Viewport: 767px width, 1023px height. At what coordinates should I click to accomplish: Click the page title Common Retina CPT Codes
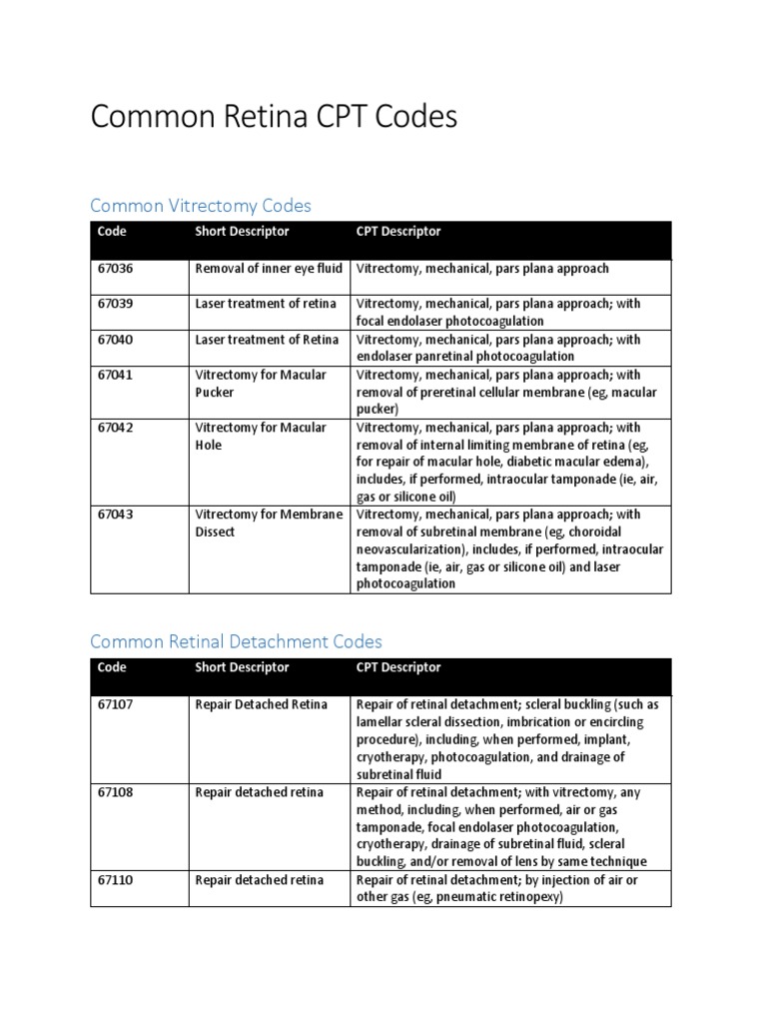click(x=274, y=118)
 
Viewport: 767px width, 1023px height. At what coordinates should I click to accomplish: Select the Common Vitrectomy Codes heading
click(x=201, y=206)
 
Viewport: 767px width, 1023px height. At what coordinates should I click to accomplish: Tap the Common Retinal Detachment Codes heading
click(x=236, y=641)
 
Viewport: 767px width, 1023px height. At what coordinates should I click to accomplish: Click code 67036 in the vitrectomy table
click(x=115, y=269)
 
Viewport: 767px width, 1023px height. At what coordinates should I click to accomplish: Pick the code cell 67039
click(x=115, y=304)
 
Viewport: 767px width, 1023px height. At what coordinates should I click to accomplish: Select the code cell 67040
click(x=115, y=340)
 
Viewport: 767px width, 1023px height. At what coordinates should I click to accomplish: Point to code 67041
click(x=115, y=376)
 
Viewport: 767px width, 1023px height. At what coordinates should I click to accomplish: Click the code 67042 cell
click(x=115, y=428)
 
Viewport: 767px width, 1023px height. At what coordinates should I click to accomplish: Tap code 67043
click(x=115, y=514)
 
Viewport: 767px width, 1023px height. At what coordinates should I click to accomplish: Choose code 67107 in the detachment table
click(x=115, y=704)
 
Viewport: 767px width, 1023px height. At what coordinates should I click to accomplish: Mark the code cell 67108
click(x=115, y=792)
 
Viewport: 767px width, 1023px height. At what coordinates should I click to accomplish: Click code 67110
click(x=115, y=880)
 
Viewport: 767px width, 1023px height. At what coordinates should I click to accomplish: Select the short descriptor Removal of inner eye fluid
click(x=269, y=269)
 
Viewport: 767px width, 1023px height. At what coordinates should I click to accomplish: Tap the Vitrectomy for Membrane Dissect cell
click(x=268, y=522)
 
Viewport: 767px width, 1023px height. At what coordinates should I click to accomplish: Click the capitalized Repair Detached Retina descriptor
click(x=261, y=704)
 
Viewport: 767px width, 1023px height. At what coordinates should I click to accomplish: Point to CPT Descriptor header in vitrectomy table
click(x=398, y=232)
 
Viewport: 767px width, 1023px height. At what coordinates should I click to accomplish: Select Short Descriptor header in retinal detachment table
click(x=242, y=667)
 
